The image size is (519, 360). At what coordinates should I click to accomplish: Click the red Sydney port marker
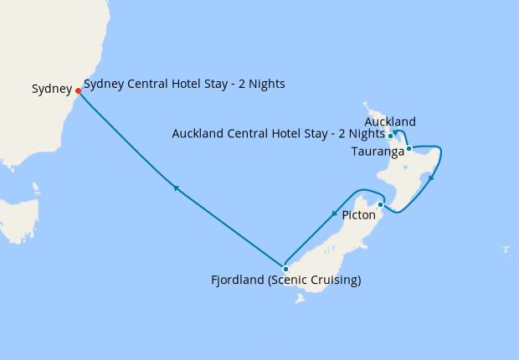click(78, 90)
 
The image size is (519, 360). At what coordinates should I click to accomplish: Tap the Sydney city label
click(52, 89)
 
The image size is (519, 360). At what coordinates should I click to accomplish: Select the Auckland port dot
click(391, 136)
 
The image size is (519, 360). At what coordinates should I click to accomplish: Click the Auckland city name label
click(390, 122)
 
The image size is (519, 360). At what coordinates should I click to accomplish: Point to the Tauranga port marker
click(409, 148)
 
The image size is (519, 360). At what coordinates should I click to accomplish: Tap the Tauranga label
click(378, 152)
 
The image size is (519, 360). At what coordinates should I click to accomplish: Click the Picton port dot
click(380, 204)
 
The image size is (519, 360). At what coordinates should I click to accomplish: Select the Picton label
click(359, 215)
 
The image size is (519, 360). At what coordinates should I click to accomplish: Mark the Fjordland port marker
click(285, 270)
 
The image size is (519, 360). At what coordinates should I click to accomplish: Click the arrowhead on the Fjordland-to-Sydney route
click(175, 188)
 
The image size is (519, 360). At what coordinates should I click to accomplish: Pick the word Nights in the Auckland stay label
click(367, 134)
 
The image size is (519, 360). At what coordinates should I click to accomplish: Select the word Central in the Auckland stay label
click(252, 134)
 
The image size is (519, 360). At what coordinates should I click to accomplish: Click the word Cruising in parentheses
click(335, 280)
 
